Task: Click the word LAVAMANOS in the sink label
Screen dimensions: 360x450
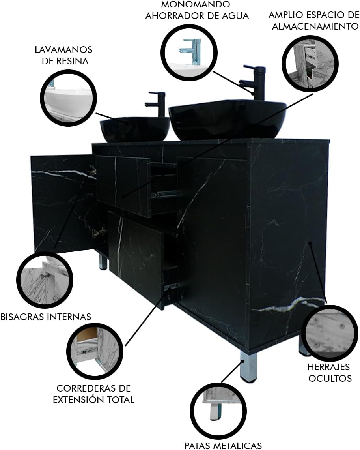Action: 63,50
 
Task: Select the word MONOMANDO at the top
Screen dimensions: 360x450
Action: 196,4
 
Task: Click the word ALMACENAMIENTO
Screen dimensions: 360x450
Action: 315,26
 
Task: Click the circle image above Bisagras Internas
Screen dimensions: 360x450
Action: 45,280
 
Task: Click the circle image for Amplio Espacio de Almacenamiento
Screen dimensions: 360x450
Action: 310,64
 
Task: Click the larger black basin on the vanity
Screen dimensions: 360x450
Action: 228,119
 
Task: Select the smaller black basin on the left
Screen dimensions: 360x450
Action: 134,129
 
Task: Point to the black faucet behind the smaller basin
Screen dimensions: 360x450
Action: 156,104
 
